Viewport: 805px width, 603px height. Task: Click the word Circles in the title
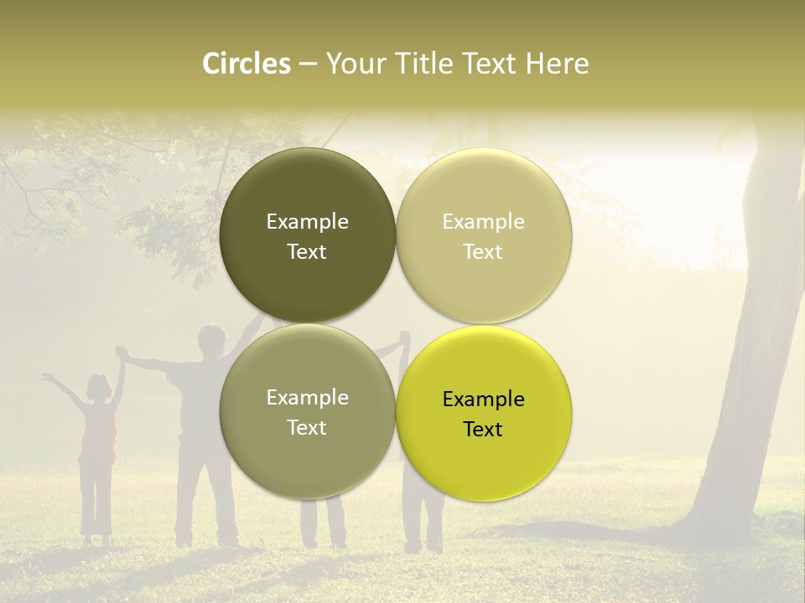click(x=247, y=64)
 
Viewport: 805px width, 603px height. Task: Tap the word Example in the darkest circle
click(x=307, y=222)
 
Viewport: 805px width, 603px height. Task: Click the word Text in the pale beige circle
click(x=483, y=252)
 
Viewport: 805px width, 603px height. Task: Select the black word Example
click(x=483, y=399)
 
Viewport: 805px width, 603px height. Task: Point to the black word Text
click(x=483, y=430)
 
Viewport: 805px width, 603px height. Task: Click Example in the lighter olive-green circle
click(x=307, y=398)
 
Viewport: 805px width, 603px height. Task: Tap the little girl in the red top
click(x=98, y=435)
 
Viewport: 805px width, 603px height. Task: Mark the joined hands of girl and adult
click(x=122, y=353)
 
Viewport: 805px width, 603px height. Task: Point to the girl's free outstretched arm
click(x=64, y=389)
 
